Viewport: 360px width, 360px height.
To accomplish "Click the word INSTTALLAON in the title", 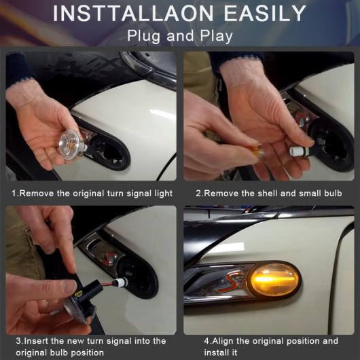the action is click(133, 14).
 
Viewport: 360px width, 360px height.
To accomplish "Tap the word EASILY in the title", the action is click(265, 14).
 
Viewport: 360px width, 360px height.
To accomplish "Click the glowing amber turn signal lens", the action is click(274, 280).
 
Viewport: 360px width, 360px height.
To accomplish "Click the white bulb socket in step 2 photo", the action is click(298, 151).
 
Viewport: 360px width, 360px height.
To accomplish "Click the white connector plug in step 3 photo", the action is click(121, 281).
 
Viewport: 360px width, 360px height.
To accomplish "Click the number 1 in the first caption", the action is click(14, 194).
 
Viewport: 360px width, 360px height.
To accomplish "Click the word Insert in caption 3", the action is click(35, 341).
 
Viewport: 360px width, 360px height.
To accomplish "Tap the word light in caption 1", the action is click(163, 194).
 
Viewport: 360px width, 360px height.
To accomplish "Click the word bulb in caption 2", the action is click(333, 194).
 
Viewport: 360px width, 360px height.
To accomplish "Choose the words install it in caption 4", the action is click(220, 353).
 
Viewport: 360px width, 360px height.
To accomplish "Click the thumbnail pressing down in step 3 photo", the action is click(69, 287).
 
